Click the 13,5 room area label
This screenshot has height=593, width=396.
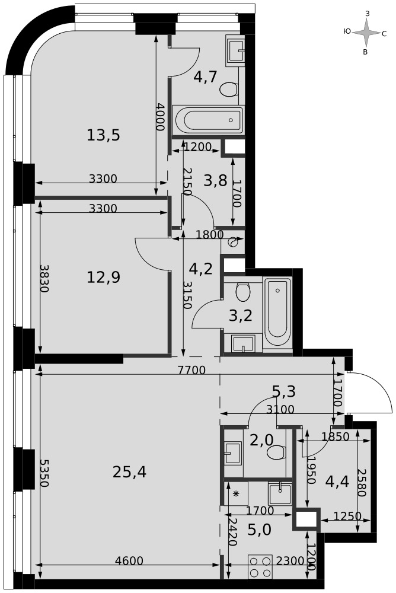click(103, 135)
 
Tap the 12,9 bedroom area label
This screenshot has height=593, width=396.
click(103, 277)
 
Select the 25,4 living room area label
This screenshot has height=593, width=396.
click(129, 471)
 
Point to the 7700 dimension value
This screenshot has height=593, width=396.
click(192, 370)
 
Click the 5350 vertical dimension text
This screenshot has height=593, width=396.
click(44, 473)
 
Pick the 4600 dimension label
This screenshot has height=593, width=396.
click(129, 560)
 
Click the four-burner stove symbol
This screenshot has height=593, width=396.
click(260, 566)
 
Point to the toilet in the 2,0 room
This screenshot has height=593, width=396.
click(276, 452)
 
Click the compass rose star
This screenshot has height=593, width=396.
click(366, 33)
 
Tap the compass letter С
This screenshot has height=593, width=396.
click(384, 34)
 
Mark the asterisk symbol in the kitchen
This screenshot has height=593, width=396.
click(236, 493)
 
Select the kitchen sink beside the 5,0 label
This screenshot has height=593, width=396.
click(280, 493)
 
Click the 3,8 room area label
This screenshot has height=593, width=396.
click(215, 180)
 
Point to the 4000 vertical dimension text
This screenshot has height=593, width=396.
click(161, 117)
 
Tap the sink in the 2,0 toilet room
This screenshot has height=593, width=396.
click(232, 453)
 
